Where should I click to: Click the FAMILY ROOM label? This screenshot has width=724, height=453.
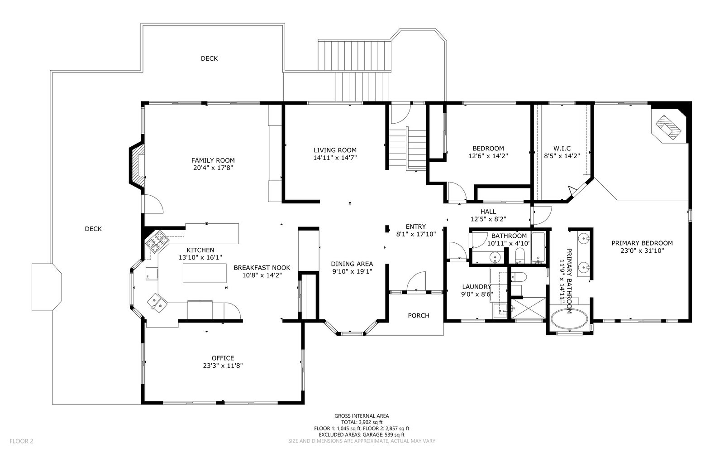point(213,160)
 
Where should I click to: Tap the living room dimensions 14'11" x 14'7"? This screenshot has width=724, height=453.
point(335,158)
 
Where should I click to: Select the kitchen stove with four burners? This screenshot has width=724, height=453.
point(158,241)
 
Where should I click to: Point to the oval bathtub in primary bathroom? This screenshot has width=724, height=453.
point(569,319)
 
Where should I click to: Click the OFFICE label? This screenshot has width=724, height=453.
point(223,358)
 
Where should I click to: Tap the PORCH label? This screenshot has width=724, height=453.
point(419,315)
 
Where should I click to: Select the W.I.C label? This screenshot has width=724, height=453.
point(562,149)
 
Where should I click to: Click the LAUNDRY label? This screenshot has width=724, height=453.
point(477,287)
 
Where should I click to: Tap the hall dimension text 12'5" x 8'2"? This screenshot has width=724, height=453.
point(488,219)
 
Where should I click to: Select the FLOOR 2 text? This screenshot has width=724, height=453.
point(21,441)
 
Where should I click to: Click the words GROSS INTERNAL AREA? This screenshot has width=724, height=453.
point(362,416)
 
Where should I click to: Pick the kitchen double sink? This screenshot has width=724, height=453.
point(157,303)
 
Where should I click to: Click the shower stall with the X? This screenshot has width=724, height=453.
point(528,308)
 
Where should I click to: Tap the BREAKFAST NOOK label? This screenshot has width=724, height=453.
point(262,268)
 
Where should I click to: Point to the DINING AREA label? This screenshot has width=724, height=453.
point(352,264)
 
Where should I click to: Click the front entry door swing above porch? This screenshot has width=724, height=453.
point(416,281)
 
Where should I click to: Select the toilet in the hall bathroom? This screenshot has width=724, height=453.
point(520,256)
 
